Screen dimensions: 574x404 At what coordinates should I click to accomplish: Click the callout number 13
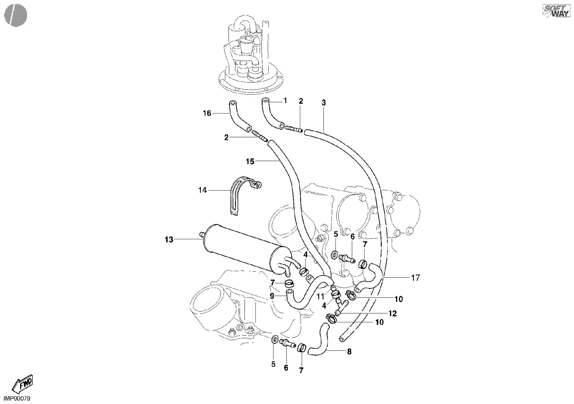pos(169,240)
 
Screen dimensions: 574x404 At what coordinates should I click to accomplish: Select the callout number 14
pos(202,190)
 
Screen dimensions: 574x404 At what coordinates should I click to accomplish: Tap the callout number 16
pos(207,113)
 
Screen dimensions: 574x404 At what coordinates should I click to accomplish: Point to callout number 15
pos(250,162)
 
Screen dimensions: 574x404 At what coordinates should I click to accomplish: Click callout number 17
pos(415,278)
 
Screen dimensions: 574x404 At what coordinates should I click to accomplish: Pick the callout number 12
pos(392,313)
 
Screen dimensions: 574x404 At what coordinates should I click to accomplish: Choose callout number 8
pos(349,352)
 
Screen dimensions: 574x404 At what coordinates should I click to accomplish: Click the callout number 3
pos(324,103)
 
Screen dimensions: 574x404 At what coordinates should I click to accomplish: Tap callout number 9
pos(272,296)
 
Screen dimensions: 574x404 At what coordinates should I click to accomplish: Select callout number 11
pos(320,297)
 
